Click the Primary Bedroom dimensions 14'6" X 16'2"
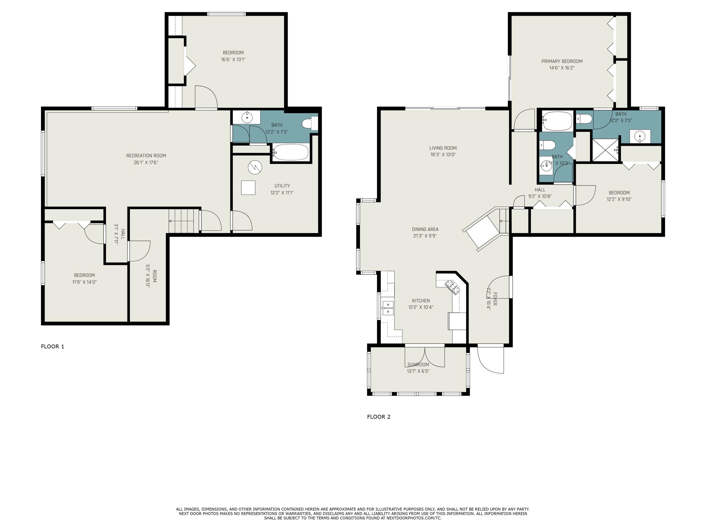pyautogui.click(x=562, y=68)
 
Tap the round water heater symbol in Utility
pyautogui.click(x=255, y=167)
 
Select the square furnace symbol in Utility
pyautogui.click(x=248, y=188)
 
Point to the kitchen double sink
pyautogui.click(x=388, y=308)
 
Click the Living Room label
pyautogui.click(x=443, y=148)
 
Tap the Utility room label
pyautogui.click(x=282, y=186)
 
